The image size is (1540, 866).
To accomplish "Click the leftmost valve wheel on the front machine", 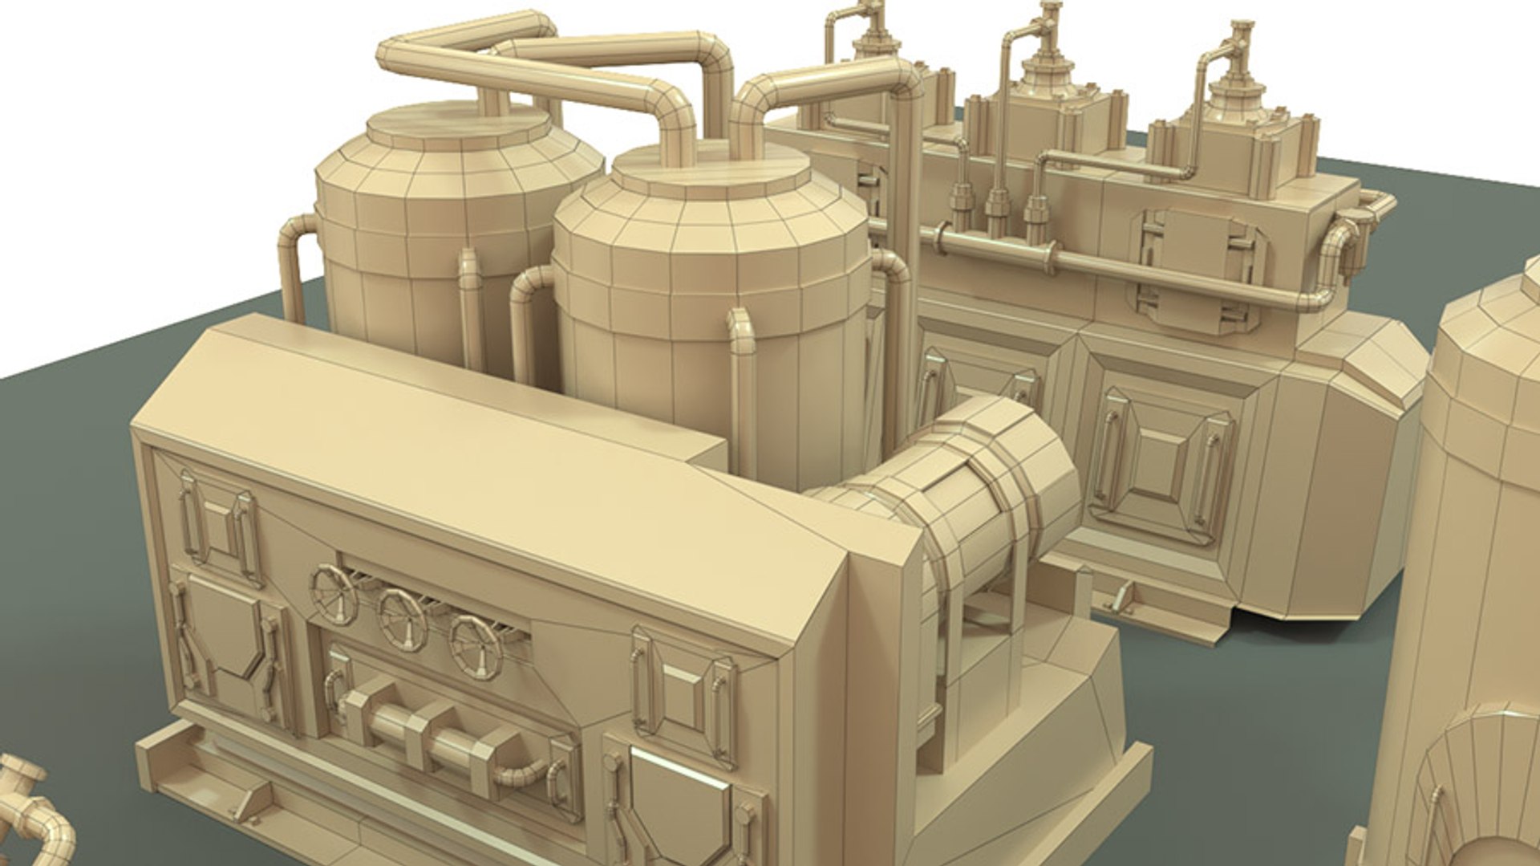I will click(x=334, y=595).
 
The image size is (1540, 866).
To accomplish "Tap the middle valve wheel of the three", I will click(x=402, y=620).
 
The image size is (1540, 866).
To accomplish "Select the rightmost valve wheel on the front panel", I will click(x=475, y=647).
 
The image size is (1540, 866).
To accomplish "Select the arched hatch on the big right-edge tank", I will click(x=1476, y=787).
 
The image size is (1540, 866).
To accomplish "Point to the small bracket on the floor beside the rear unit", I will click(x=1121, y=598).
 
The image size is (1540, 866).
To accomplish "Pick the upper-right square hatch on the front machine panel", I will click(x=682, y=694).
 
